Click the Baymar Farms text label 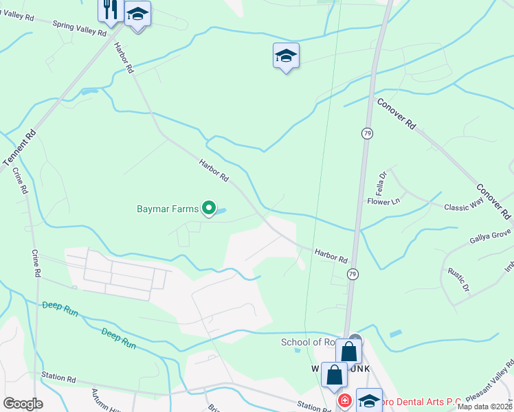coord(167,208)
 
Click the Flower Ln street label coord(383,202)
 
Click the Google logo coord(23,404)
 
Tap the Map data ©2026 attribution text coord(484,407)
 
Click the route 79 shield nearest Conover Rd coord(368,133)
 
